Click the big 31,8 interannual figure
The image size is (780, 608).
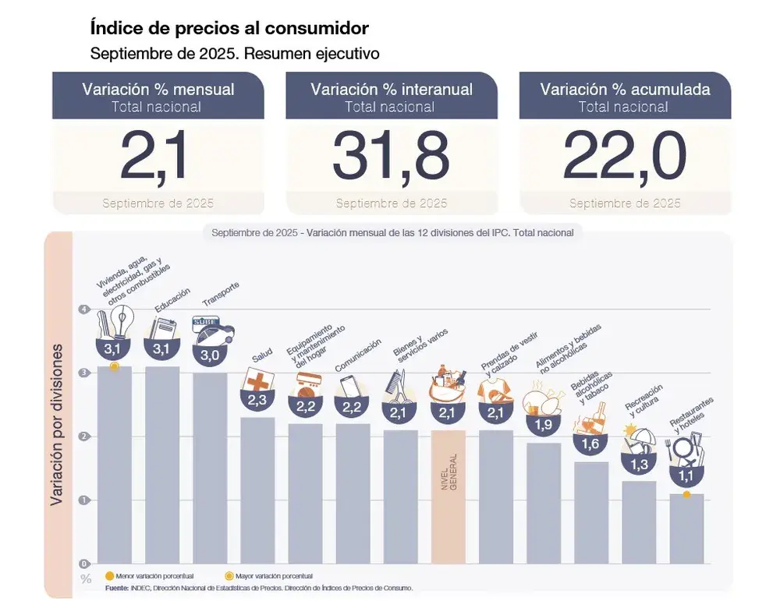click(x=391, y=157)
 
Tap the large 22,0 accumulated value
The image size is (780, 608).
click(x=624, y=157)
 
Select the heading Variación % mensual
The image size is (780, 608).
click(x=158, y=89)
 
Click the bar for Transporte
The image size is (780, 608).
click(x=210, y=468)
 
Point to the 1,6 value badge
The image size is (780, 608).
click(x=590, y=444)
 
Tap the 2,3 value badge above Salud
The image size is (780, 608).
click(x=257, y=400)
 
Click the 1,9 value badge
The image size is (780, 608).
click(x=543, y=425)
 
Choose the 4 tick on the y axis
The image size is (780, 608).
click(x=83, y=310)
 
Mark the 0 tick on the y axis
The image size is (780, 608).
click(x=83, y=563)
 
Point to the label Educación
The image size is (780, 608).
click(x=172, y=301)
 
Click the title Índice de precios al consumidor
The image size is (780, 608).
click(x=229, y=29)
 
